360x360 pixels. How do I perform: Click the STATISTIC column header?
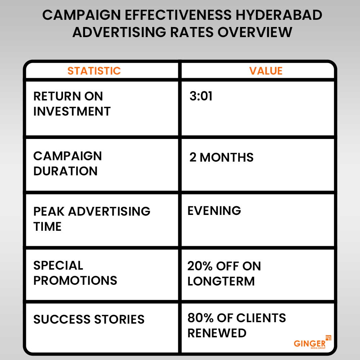coord(94,71)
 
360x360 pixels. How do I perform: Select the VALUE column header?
coord(266,71)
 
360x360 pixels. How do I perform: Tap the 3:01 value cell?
coord(201,96)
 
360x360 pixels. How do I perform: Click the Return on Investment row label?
coord(72,104)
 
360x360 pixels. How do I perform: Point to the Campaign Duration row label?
coord(68,163)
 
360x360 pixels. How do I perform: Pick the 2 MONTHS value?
coord(221,157)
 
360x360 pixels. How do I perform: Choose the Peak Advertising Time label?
coord(92,219)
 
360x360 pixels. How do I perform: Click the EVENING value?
coord(214,211)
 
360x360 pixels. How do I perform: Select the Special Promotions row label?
coord(75,273)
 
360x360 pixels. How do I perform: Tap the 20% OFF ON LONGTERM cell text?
coord(224,274)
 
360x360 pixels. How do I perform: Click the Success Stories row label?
coord(89,319)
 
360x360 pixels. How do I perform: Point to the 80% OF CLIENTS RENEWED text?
coord(237,325)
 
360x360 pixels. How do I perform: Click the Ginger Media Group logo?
coord(312,342)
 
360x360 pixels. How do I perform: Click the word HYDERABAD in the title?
coord(279,15)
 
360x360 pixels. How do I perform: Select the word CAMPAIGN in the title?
coord(81,15)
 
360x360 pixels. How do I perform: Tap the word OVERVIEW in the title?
coord(255,32)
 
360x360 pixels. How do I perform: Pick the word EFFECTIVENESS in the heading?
coord(178,15)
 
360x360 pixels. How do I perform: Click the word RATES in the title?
coord(192,32)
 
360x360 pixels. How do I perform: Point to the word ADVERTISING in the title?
coord(119,32)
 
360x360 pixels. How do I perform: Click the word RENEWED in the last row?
coord(217,333)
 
